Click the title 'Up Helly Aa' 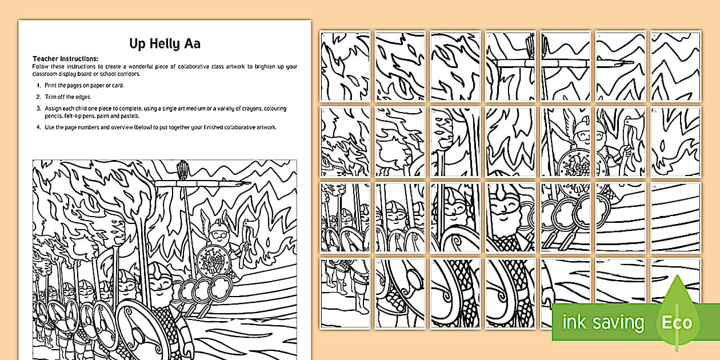point(165,43)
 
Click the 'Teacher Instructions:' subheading point(65,59)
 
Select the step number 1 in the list point(39,86)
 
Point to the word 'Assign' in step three point(53,109)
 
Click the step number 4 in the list point(39,127)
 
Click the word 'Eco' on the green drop point(677,322)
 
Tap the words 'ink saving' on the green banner point(603,322)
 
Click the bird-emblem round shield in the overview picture point(213,261)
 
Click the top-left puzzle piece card point(345,66)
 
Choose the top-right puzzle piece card point(675,66)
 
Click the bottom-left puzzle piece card point(345,294)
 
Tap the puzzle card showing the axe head point(621,142)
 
